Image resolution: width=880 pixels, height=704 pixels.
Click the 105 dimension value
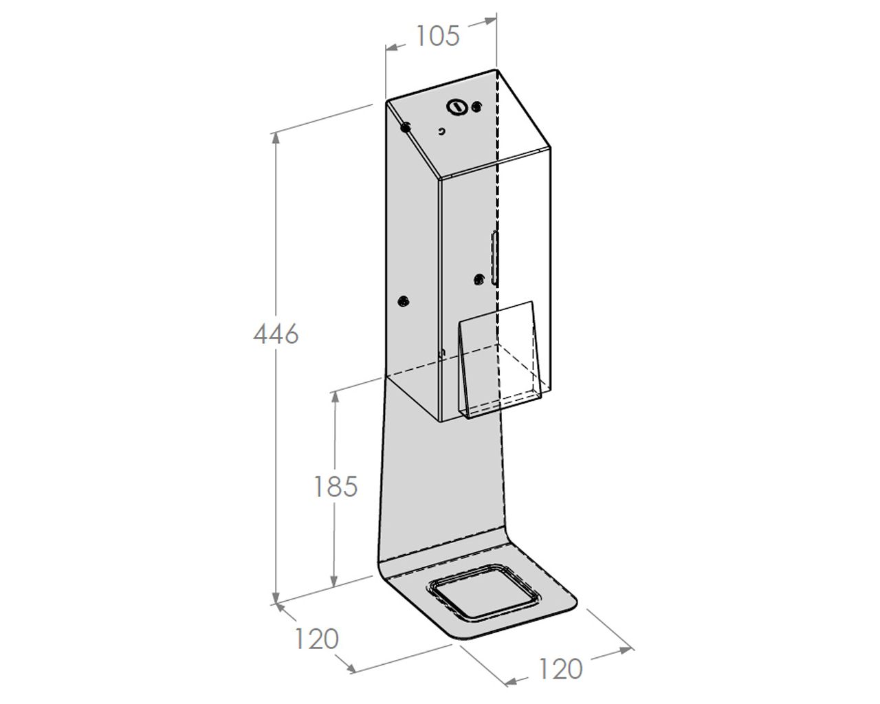[x=437, y=36]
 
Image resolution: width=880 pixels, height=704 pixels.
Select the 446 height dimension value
[x=276, y=334]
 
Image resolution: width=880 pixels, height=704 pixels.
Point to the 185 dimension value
[x=335, y=487]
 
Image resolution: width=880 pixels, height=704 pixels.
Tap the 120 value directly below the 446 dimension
[x=316, y=639]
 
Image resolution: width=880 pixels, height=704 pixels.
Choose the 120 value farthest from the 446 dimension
[x=560, y=669]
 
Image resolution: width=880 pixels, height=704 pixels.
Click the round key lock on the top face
[x=457, y=107]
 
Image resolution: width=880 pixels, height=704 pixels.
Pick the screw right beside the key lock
[x=476, y=107]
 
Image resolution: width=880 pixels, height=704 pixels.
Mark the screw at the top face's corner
[x=406, y=128]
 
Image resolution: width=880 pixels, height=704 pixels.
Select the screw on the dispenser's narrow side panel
[x=404, y=302]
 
